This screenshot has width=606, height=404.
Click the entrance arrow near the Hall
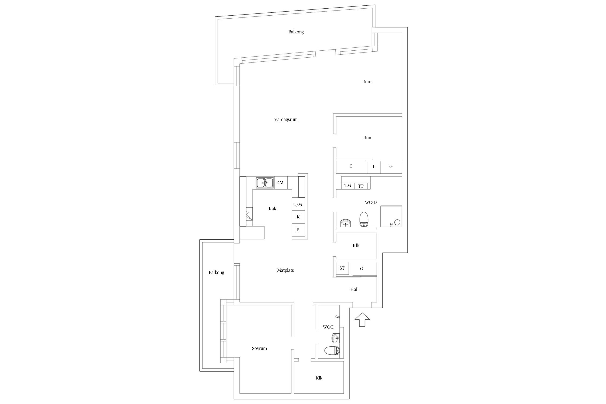click(362, 320)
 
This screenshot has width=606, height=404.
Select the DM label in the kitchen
click(280, 183)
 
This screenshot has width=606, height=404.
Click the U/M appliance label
click(298, 204)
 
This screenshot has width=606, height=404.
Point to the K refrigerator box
click(299, 217)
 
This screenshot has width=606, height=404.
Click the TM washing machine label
click(348, 186)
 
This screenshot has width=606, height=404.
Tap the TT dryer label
click(361, 186)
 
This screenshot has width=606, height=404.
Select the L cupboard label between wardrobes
click(374, 167)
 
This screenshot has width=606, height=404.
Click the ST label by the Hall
click(342, 268)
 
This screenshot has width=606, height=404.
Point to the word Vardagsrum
click(286, 120)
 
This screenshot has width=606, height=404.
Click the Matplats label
click(285, 270)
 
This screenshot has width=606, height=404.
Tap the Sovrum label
click(259, 348)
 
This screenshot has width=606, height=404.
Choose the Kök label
click(273, 208)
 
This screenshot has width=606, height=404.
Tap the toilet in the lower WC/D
click(332, 350)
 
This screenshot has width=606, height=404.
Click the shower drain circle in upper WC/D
click(397, 222)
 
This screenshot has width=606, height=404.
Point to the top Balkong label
click(296, 32)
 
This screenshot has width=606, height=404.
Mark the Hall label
click(354, 289)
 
